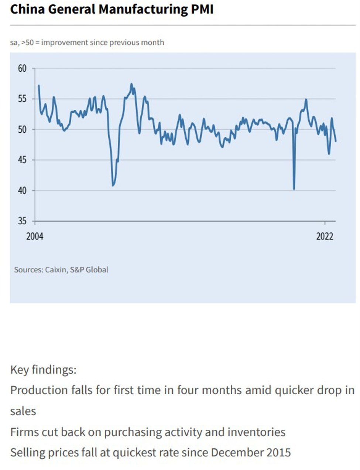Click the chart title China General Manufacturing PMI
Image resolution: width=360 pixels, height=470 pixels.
pos(112,9)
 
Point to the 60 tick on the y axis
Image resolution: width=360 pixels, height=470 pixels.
pos(22,68)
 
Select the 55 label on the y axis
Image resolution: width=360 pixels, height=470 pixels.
pos(22,99)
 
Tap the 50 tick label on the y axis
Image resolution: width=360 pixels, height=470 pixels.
pos(22,129)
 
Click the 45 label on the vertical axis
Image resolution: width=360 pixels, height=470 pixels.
pos(22,160)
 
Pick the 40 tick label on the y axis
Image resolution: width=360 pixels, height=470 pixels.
pos(22,191)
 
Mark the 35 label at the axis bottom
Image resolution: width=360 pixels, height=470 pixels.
pos(22,221)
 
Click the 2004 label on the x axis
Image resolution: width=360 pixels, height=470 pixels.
pos(35,236)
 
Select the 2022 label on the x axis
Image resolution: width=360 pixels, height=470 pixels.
pos(325,236)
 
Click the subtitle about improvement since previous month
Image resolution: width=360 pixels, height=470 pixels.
pos(87,42)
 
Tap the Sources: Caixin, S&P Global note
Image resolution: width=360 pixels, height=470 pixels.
pos(61,270)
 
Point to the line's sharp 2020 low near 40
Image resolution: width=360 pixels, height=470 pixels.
pos(294,189)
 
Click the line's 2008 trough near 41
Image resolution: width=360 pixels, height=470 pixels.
pos(113,185)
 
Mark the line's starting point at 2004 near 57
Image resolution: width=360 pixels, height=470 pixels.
pos(39,86)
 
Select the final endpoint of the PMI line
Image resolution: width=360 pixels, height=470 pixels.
pos(336,141)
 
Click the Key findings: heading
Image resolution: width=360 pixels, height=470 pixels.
pos(43,369)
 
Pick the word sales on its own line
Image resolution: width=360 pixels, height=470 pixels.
pos(23,411)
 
